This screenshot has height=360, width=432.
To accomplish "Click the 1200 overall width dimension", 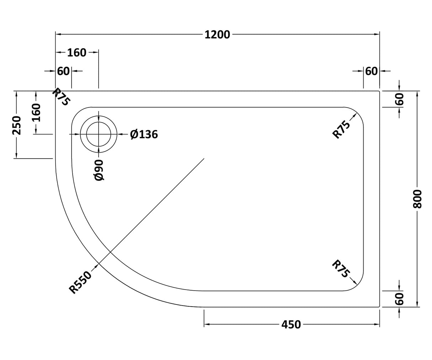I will (x=217, y=35).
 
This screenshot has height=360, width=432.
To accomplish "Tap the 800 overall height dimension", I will (x=417, y=199).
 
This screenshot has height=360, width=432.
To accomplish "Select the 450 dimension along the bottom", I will (x=291, y=324).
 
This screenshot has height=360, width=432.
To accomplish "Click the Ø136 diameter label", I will (x=144, y=134).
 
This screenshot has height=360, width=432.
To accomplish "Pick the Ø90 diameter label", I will (x=99, y=170).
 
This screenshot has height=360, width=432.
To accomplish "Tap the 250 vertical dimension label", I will (x=16, y=125).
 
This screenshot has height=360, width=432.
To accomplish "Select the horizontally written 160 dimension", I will (x=77, y=53).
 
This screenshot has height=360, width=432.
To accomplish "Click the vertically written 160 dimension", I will (x=36, y=112).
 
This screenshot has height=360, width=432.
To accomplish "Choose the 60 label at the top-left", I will (x=63, y=71).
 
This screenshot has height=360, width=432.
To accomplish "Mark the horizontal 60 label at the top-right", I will (x=371, y=71).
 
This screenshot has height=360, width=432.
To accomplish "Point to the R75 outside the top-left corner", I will (x=61, y=97).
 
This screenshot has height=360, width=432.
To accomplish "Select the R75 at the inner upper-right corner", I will (x=341, y=129).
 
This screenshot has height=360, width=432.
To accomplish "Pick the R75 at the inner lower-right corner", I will (x=341, y=269).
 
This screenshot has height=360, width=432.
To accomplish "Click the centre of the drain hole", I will (x=99, y=134).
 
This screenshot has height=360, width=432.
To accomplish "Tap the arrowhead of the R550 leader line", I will (x=97, y=265).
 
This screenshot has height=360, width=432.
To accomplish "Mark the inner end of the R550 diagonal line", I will (x=204, y=159).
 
